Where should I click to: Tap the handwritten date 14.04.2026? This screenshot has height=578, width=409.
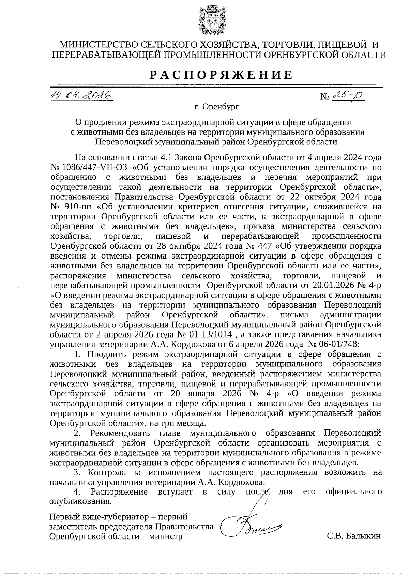coord(81,96)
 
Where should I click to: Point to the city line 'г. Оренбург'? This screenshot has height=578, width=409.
coord(216,107)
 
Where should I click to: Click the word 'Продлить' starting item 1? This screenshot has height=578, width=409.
coord(107,355)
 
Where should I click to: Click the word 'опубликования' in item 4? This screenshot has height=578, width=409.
coord(80,502)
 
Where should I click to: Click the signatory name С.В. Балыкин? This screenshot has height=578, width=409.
coord(353,536)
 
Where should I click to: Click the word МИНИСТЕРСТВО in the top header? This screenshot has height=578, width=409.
coord(98,45)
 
